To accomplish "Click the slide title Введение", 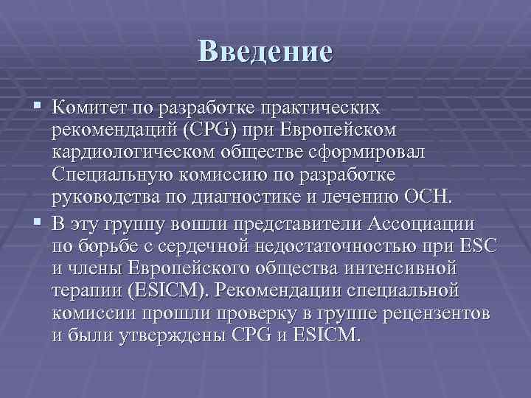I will coord(265,51).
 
